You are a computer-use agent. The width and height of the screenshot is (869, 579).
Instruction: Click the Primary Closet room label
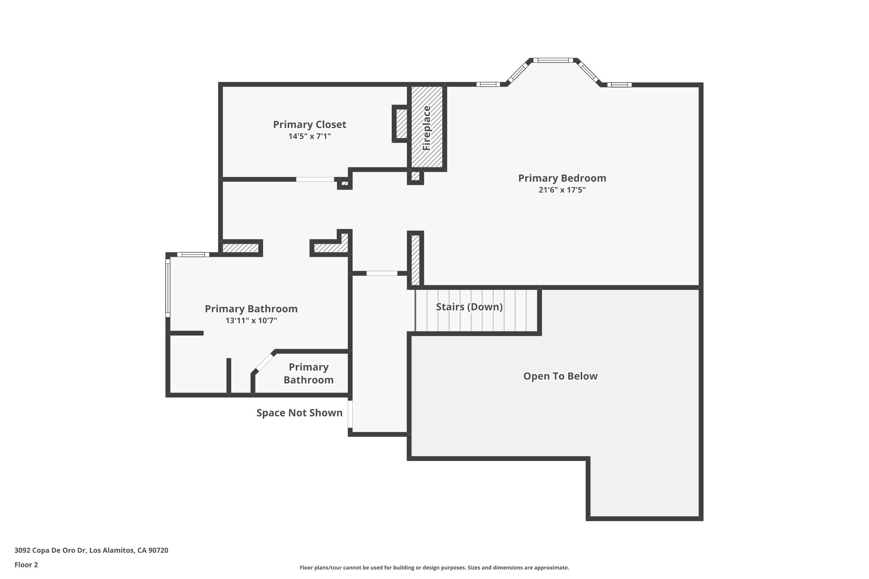click(x=309, y=125)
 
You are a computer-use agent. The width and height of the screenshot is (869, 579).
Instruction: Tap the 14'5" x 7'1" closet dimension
click(x=309, y=137)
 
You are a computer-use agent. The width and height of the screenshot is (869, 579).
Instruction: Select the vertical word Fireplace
click(x=427, y=128)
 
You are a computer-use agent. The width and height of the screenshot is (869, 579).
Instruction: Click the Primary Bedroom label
click(x=562, y=178)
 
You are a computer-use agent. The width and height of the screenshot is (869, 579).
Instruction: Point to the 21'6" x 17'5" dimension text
click(x=562, y=190)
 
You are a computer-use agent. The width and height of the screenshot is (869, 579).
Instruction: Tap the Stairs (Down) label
click(x=469, y=307)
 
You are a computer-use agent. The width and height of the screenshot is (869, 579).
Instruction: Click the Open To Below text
click(x=560, y=376)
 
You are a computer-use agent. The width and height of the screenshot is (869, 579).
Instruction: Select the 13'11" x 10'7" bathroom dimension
click(x=251, y=321)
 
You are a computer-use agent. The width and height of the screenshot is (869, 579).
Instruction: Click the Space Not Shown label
click(x=299, y=413)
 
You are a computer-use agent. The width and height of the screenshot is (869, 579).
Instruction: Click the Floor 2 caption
click(x=26, y=565)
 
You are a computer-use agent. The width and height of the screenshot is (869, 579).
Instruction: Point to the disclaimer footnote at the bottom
click(x=434, y=568)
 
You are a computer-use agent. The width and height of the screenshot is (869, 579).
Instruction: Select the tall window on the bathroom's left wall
click(x=168, y=288)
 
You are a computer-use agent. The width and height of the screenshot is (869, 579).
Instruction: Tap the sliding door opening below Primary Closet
click(x=315, y=179)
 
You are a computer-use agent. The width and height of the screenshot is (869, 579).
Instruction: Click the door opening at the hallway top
click(x=382, y=274)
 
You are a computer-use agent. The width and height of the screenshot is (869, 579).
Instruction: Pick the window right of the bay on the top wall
click(x=619, y=85)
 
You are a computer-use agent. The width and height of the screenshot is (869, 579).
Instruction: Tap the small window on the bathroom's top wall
click(x=193, y=255)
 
